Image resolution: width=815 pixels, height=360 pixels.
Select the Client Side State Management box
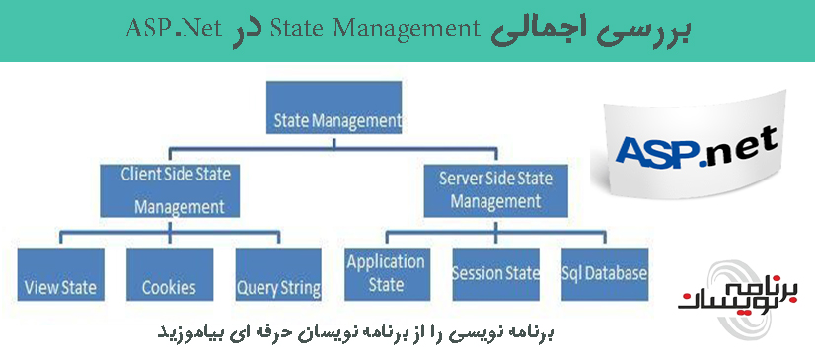(x=173, y=190)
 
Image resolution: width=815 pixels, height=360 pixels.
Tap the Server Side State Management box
(x=494, y=190)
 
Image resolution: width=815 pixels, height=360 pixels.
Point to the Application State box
(x=385, y=273)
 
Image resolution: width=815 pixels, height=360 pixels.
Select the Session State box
(x=495, y=273)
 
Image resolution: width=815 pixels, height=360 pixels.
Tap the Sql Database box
(x=604, y=273)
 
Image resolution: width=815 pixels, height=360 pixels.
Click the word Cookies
(x=169, y=288)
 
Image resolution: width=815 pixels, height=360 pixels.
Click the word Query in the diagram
(x=256, y=289)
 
